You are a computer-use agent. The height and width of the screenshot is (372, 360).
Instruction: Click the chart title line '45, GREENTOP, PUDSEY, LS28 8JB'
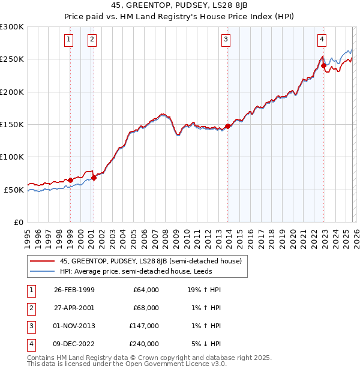tap(179, 5)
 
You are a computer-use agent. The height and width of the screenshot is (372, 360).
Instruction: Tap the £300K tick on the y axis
tap(12, 27)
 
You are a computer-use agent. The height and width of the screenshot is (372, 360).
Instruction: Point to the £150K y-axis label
tap(12, 125)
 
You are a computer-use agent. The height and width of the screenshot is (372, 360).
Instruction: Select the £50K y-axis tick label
tap(14, 190)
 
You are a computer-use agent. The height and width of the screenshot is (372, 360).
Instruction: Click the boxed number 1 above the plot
tap(70, 40)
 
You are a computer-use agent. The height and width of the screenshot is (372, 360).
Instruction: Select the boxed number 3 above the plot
tap(226, 40)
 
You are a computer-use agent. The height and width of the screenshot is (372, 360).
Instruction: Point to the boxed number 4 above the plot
tap(322, 40)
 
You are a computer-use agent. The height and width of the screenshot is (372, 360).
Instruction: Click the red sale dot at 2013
tap(227, 127)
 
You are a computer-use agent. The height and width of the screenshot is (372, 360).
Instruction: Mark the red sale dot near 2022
tap(323, 66)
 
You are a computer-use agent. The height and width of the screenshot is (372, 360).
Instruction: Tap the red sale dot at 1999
tap(70, 180)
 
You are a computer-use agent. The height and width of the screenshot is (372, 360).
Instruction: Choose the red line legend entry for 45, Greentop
tap(150, 261)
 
